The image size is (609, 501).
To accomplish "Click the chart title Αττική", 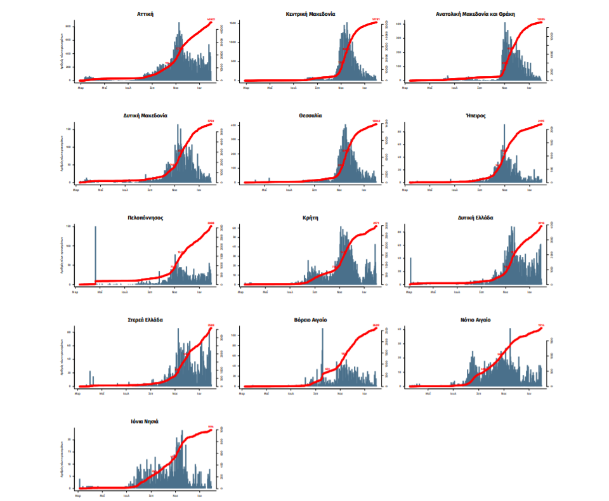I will point(145,13).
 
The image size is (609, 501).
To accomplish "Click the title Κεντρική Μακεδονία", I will point(310,13).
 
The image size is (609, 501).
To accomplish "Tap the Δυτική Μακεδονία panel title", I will point(145,115).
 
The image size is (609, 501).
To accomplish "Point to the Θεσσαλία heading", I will point(310,115).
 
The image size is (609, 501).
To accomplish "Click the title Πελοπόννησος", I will point(145,218).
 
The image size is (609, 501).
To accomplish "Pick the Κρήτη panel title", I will point(310,218).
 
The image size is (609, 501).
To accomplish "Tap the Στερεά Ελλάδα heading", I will point(145,320).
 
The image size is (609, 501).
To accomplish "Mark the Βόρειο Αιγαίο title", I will point(310,320).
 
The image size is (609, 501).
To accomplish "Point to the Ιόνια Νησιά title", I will point(145,422).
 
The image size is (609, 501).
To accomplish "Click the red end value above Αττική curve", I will point(211,20).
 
